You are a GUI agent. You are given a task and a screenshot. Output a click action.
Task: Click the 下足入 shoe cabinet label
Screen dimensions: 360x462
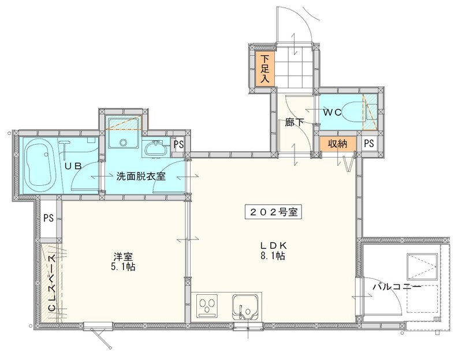point(264,69)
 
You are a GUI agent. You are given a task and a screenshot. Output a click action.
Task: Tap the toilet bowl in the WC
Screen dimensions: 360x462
point(348,112)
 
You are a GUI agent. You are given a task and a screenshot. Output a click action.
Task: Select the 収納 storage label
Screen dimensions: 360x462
point(338,144)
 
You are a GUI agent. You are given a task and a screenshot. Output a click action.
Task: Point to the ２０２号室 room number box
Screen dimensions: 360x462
point(274,211)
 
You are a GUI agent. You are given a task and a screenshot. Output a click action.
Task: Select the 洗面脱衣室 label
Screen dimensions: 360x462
point(141,176)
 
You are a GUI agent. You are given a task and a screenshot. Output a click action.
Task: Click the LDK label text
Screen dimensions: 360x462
point(273,245)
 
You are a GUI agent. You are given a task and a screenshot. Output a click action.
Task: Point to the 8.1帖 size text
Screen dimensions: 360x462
point(274,256)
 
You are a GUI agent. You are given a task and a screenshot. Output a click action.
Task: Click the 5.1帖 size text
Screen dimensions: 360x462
point(122,268)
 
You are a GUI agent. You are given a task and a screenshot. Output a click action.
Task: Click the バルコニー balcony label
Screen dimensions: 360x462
point(396,286)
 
